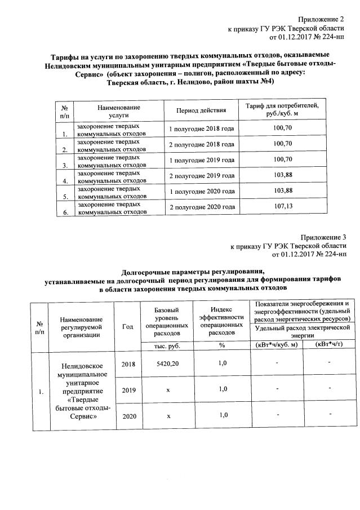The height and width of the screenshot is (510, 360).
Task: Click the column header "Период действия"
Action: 201,110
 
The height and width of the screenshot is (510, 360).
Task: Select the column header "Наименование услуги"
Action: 118,110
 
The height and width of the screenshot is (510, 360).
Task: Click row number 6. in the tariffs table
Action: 65,212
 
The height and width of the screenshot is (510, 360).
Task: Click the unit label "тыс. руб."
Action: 167,345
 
